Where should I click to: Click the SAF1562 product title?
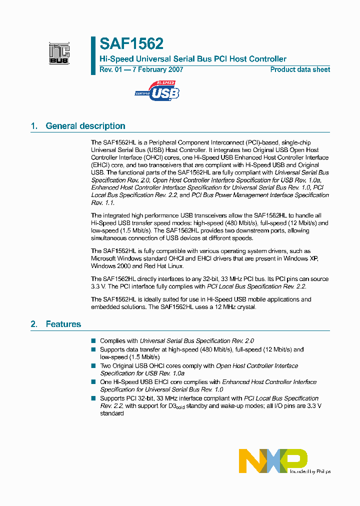tap(131, 44)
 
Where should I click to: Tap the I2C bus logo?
tap(59, 53)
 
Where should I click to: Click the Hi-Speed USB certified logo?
tap(157, 91)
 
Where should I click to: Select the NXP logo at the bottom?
tap(273, 460)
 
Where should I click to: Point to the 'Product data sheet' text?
tap(300, 69)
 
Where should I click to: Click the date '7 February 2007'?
tap(157, 69)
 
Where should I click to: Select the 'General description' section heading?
tap(85, 126)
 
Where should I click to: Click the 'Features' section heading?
tap(63, 324)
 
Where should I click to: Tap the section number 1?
tap(34, 126)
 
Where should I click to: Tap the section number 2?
tap(34, 324)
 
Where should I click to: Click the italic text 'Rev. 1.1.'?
tap(103, 202)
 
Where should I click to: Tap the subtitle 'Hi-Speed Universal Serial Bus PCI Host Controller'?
tap(193, 59)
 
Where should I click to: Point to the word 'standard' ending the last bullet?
tap(112, 413)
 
